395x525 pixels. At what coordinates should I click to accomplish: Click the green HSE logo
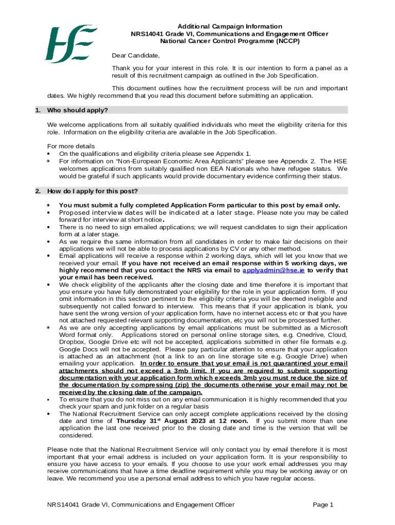[71, 44]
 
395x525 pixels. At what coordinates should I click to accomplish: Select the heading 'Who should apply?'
[77, 110]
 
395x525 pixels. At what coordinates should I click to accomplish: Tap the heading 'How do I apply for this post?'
[92, 191]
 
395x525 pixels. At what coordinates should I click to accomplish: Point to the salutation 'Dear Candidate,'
[136, 55]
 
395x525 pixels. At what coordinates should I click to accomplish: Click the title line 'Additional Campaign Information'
[230, 26]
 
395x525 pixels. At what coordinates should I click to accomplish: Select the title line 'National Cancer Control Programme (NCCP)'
[230, 41]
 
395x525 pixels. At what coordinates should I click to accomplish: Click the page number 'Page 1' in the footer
[323, 504]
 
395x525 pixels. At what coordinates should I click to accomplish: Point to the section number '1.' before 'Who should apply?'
[37, 110]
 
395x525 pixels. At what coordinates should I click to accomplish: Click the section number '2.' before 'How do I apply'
[37, 191]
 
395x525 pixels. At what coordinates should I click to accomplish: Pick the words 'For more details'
[71, 146]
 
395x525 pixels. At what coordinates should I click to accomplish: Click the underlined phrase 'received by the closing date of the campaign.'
[131, 392]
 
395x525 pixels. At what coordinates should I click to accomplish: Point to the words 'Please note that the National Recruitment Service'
[124, 450]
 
